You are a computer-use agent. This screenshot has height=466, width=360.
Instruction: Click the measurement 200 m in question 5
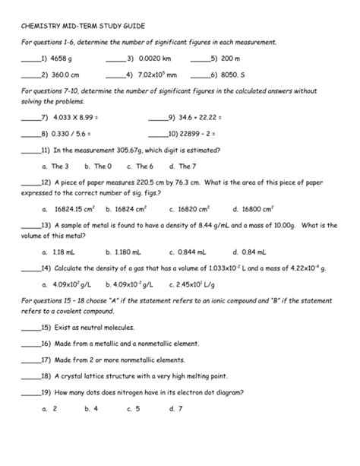(x=231, y=58)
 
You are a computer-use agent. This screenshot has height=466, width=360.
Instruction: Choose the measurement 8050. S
(x=232, y=74)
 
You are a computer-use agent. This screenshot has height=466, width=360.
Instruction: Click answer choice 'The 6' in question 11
(x=144, y=166)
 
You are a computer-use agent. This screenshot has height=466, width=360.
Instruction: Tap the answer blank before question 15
(x=30, y=328)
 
